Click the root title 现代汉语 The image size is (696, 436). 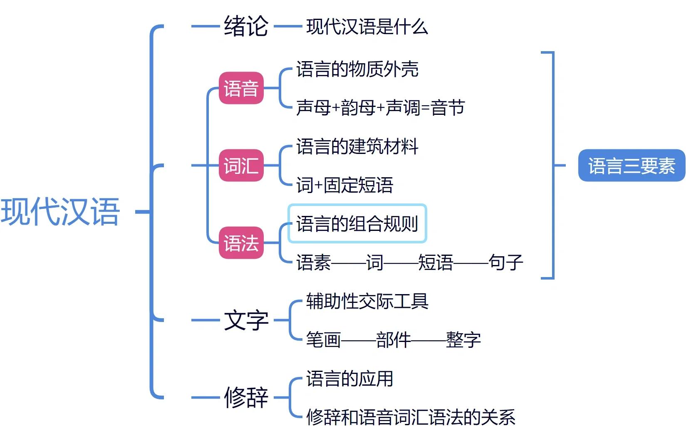61,212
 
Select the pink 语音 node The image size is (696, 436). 241,88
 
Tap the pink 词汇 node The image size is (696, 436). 241,166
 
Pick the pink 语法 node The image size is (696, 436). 241,243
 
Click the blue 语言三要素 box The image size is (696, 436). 631,166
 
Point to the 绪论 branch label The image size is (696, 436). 246,26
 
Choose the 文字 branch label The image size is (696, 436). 246,320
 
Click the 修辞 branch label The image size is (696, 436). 246,397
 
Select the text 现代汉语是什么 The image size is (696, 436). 367,27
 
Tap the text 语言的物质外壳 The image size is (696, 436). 357,69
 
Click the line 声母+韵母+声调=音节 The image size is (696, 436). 380,108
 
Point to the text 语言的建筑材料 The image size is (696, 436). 357,146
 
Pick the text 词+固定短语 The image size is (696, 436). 344,185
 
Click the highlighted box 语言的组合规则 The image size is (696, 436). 357,224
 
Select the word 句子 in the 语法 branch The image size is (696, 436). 505,263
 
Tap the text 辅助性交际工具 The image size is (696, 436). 367,301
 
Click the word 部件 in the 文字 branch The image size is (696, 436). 393,340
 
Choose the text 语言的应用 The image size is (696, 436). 349,379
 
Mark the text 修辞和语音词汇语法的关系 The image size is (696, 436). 411,417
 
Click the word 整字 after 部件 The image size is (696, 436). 463,340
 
